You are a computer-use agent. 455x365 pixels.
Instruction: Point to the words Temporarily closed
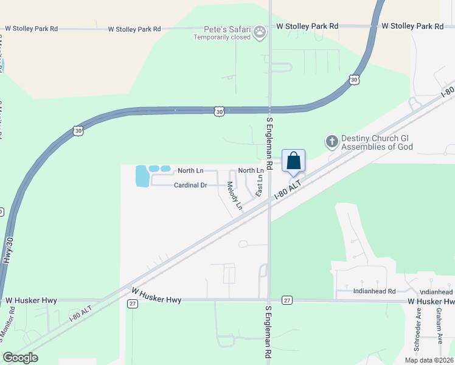[x=222, y=37]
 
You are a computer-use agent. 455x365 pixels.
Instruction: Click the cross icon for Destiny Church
[x=332, y=142]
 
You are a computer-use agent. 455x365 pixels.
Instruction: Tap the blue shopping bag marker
[x=293, y=162]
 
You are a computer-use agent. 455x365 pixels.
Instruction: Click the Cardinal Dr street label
[x=191, y=185]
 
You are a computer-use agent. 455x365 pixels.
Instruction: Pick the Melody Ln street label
[x=235, y=196]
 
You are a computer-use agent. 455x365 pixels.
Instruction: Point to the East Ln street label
[x=260, y=186]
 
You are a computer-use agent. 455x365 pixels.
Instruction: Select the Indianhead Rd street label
[x=374, y=291]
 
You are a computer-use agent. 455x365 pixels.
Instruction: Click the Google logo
[x=20, y=358]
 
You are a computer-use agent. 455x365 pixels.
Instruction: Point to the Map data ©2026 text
[x=428, y=360]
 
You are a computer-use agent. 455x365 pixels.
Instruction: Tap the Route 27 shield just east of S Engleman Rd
[x=288, y=301]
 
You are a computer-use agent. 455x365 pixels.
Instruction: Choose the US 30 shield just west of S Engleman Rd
[x=220, y=111]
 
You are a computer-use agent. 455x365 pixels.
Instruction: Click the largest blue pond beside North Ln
[x=141, y=176]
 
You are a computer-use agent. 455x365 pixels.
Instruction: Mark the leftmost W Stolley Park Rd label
[x=32, y=29]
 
